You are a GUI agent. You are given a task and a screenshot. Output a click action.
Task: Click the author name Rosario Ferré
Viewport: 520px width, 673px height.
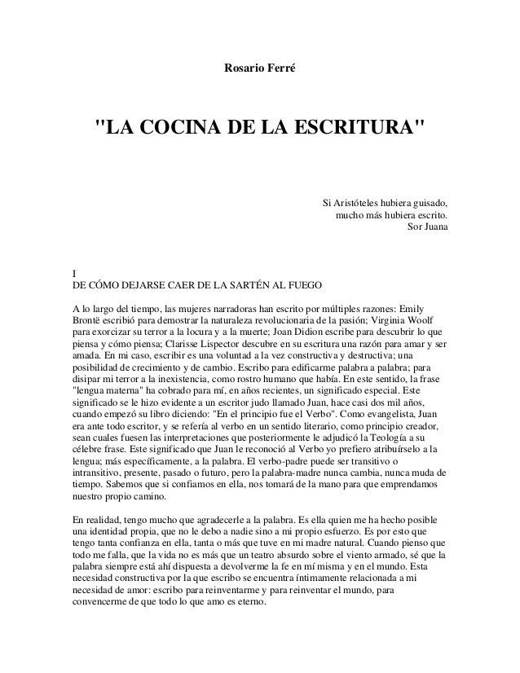pyautogui.click(x=259, y=64)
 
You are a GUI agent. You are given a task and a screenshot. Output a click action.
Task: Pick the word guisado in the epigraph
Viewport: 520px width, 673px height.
pyautogui.click(x=431, y=202)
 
